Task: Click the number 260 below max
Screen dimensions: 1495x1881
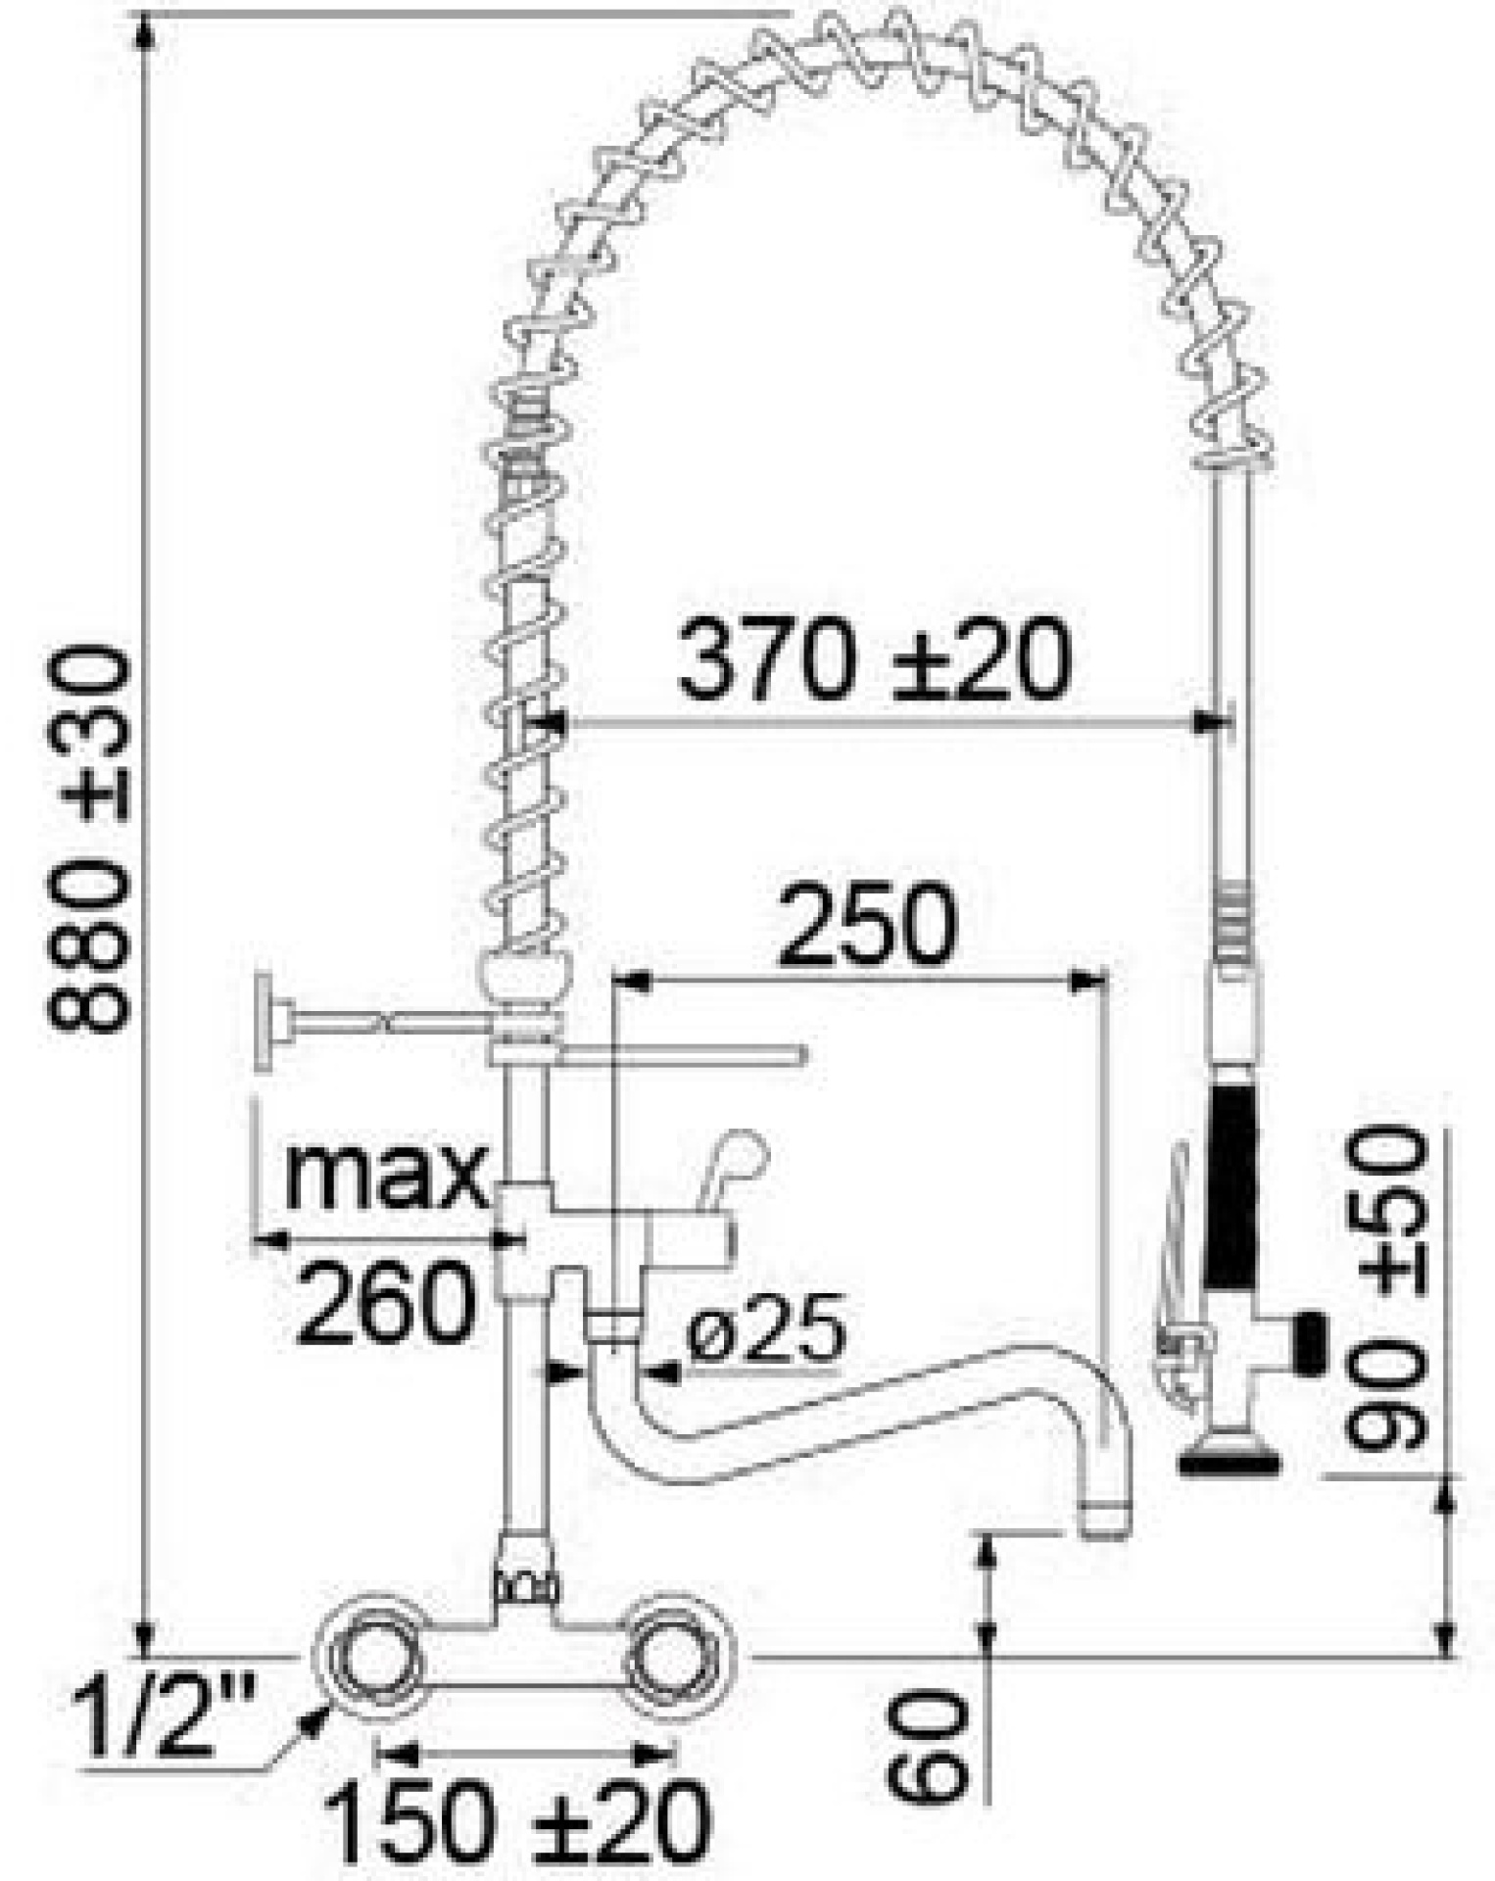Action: click(x=386, y=1302)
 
